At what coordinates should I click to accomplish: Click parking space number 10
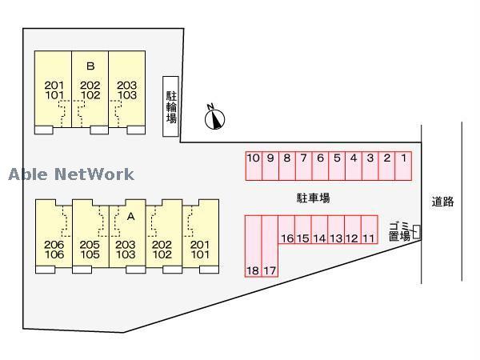pos(254,166)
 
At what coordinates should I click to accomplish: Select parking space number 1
pos(404,166)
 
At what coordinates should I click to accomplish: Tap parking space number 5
pos(337,166)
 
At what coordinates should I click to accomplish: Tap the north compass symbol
pos(214,118)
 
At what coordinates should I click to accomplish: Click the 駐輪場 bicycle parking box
pos(170,106)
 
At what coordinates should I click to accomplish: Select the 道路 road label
pos(442,202)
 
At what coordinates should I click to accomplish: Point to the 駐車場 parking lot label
pos(313,198)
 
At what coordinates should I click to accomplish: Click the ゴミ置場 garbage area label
pos(398,230)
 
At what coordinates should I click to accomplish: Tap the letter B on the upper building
pos(90,66)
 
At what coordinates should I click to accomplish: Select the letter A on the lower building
pos(130,216)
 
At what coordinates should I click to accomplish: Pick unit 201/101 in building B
pos(54,90)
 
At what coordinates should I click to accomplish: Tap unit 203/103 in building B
pos(127,90)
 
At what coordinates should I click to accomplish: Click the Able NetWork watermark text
pos(71,174)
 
